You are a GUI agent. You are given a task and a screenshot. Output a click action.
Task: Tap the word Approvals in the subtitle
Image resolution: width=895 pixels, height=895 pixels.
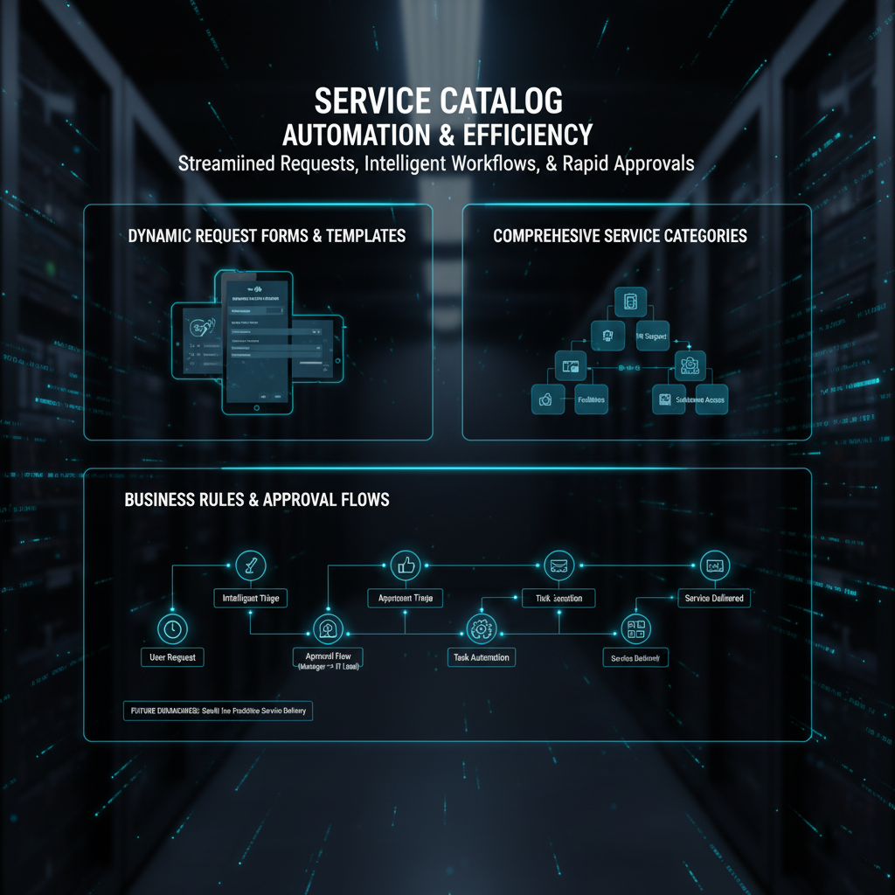click(646, 163)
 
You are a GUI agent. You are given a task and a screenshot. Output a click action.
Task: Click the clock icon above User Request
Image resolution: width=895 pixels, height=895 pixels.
click(170, 628)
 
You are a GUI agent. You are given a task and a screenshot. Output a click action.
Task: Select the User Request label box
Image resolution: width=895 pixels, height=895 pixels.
click(172, 656)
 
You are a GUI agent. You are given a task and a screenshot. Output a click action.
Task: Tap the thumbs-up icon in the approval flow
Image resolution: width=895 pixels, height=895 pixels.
click(406, 565)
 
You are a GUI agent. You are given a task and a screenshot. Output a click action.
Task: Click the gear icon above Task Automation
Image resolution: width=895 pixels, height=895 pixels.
click(480, 628)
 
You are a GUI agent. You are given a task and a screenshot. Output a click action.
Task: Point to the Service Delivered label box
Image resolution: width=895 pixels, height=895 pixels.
click(714, 598)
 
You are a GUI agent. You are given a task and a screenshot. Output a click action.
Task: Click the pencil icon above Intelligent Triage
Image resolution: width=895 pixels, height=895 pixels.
click(251, 565)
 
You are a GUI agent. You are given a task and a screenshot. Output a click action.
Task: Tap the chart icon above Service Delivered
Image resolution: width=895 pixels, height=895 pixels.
click(714, 565)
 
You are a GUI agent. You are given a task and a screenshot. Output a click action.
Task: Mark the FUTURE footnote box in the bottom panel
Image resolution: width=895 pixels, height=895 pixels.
click(216, 711)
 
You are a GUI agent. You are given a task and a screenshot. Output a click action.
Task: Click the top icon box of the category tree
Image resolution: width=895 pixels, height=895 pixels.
click(630, 302)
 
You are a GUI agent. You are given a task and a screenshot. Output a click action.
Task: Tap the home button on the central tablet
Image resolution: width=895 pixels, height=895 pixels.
click(257, 406)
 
